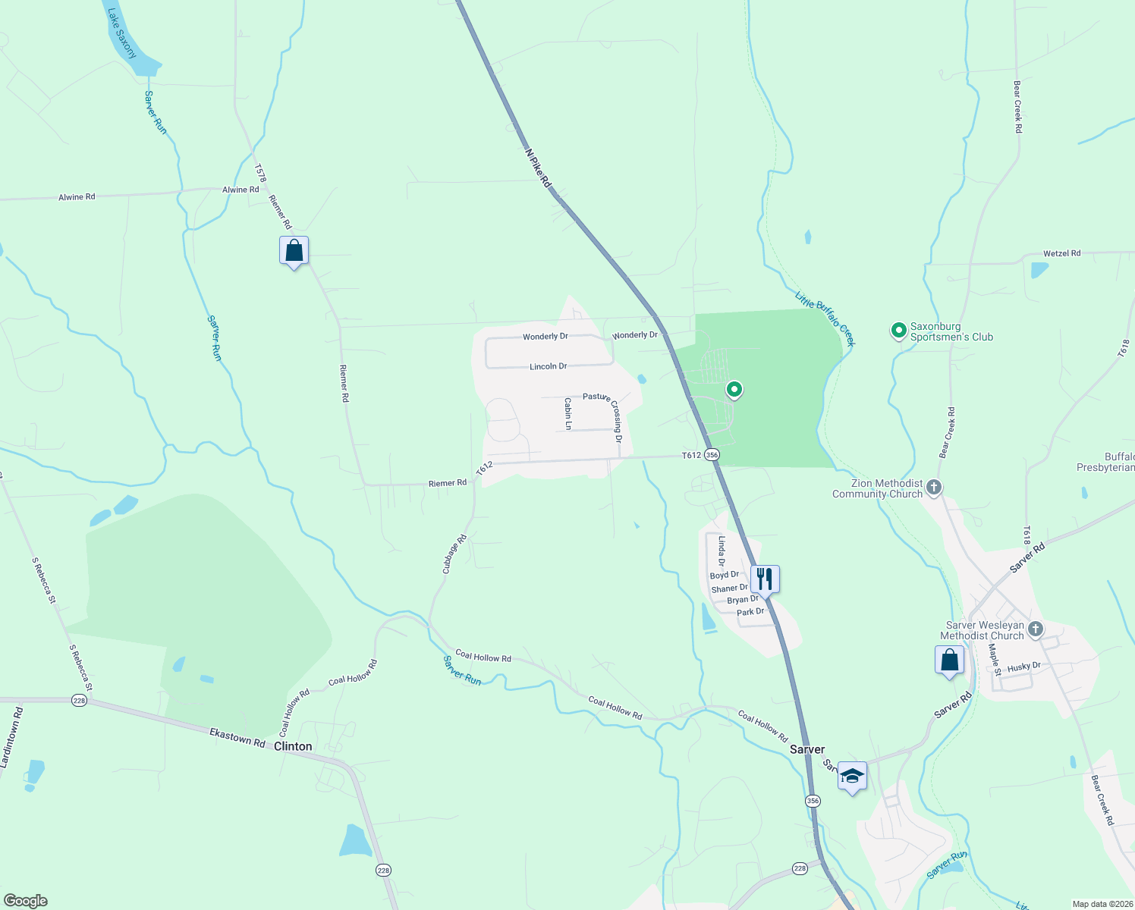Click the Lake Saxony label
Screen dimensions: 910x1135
coord(121,33)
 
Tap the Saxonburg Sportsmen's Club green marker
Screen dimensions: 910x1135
coord(898,331)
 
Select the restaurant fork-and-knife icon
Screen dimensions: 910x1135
coord(765,579)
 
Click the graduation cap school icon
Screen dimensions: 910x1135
coord(852,776)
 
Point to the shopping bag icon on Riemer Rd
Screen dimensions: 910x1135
coord(294,251)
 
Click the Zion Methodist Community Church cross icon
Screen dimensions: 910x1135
coord(934,488)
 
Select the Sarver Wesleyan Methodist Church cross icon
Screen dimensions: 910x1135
coord(1036,629)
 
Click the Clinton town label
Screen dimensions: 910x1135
coord(293,746)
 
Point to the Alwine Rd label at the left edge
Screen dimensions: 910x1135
coord(77,197)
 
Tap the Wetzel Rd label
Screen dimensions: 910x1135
coord(1061,253)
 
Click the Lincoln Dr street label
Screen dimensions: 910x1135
coord(548,366)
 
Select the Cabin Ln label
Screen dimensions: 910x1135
coord(567,413)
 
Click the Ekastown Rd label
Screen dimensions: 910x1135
coord(237,738)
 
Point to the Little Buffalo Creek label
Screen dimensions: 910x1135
coord(825,318)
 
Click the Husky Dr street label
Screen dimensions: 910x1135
coord(1023,667)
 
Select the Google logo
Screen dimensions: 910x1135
coord(25,900)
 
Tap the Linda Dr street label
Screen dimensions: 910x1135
coord(722,551)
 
